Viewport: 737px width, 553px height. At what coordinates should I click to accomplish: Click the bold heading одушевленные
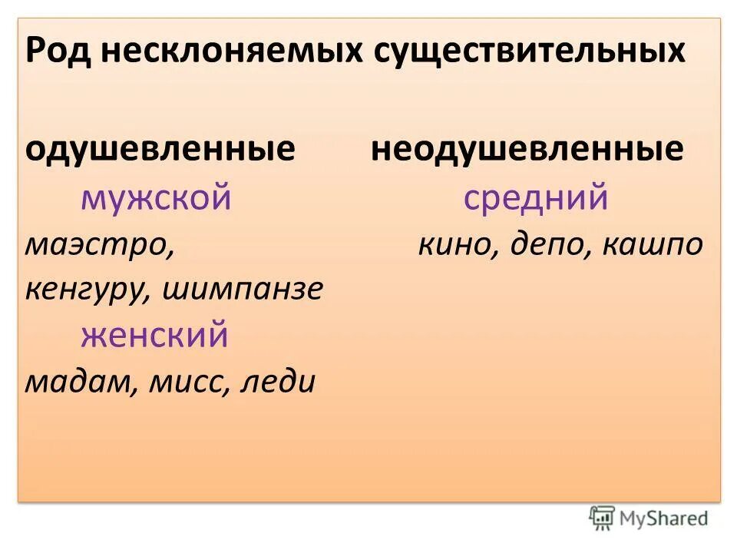point(160,149)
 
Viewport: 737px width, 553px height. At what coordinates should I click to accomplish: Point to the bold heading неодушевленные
point(527,149)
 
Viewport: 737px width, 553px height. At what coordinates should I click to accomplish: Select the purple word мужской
point(156,198)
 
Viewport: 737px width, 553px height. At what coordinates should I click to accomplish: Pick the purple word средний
point(536,198)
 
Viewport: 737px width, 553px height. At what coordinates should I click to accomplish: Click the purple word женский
point(154,336)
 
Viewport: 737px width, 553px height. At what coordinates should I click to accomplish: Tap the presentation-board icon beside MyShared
point(602,518)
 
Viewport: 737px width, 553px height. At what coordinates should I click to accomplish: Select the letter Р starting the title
point(35,52)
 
